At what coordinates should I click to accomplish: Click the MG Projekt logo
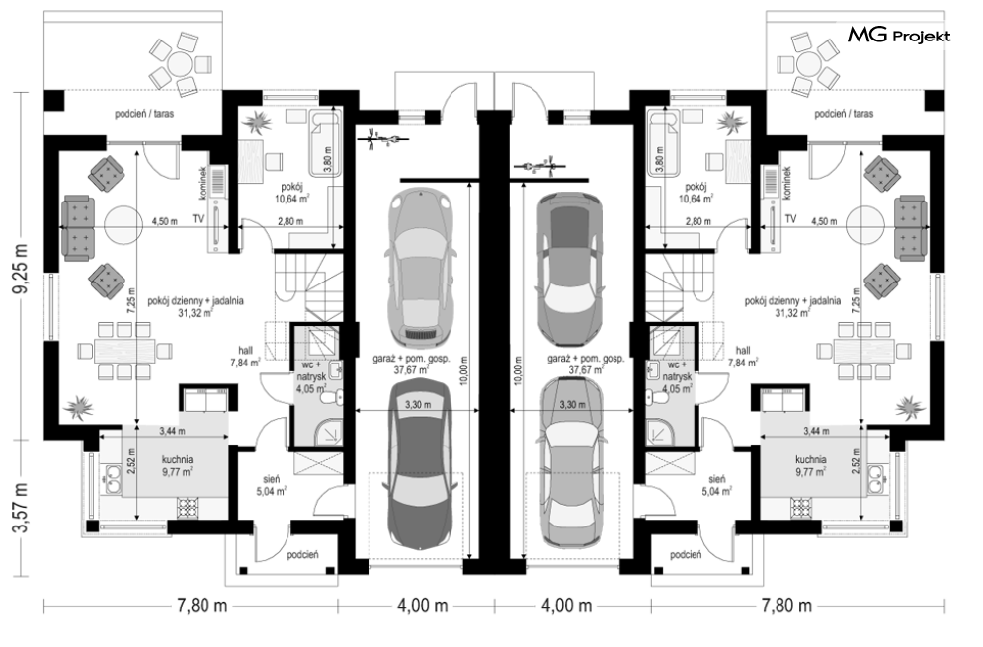point(899,36)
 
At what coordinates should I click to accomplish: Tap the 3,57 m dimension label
point(22,507)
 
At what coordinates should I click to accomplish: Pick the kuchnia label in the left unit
point(178,459)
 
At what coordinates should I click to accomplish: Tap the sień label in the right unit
point(718,479)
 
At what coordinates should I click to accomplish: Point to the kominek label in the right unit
point(787,183)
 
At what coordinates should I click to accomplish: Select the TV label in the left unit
point(199,219)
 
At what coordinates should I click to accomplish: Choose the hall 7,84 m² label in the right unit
point(743,357)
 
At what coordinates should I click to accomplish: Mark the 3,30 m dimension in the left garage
point(418,404)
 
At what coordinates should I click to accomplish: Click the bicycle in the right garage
point(539,166)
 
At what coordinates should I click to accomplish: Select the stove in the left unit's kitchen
point(188,507)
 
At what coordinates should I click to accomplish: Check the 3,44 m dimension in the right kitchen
point(816,431)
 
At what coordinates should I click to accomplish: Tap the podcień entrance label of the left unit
point(303,554)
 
